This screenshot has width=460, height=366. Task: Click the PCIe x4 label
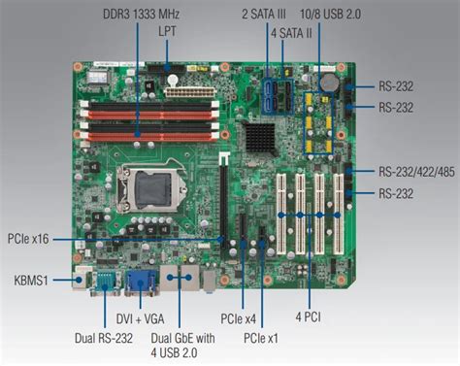pyautogui.click(x=237, y=317)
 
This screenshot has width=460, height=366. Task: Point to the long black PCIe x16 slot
pyautogui.click(x=220, y=199)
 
